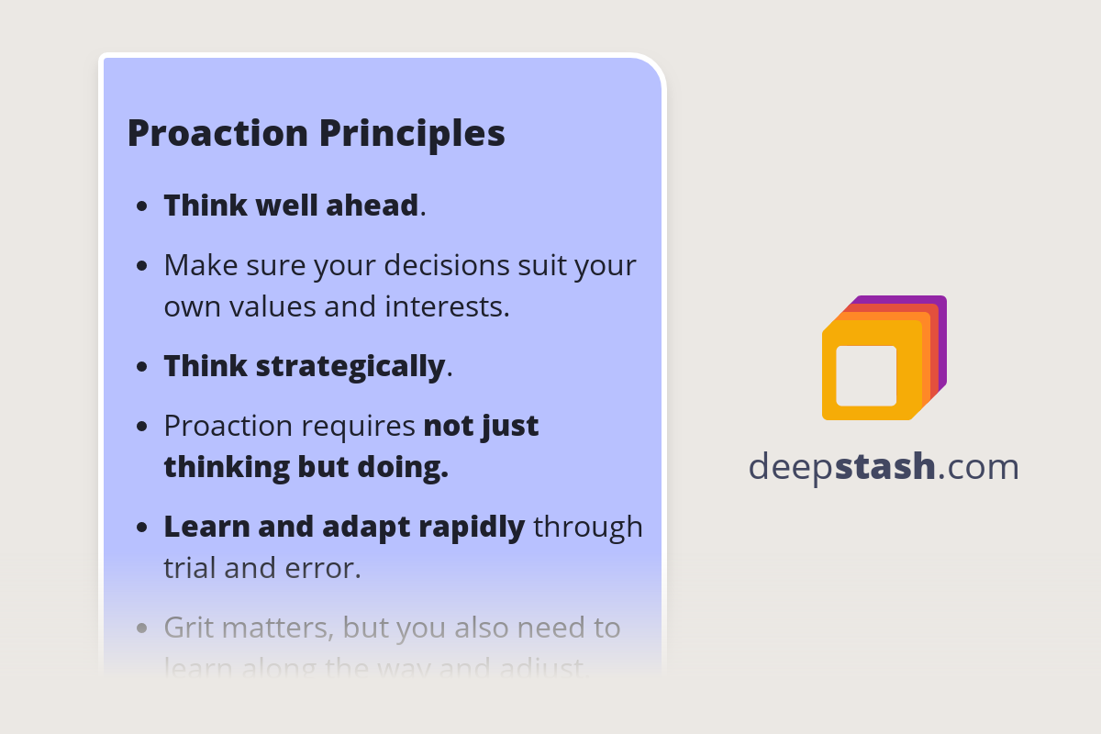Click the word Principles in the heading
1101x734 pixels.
[412, 133]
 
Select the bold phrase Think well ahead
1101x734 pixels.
[291, 206]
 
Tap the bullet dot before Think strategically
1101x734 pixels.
[141, 367]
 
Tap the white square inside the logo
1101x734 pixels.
[866, 375]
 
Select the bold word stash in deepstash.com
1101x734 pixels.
[885, 467]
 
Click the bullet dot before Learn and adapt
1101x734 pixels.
[141, 528]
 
